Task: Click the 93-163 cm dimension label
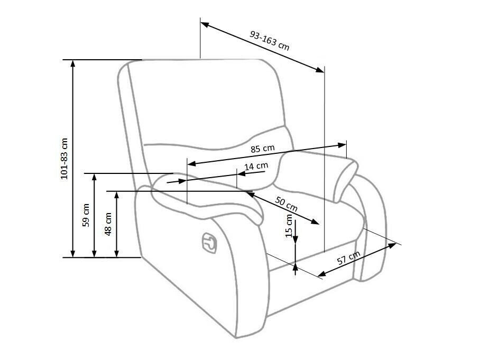tap(269, 40)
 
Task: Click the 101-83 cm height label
tap(64, 159)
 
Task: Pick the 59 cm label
tap(86, 215)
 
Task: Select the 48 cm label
tap(108, 224)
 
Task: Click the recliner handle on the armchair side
tap(209, 243)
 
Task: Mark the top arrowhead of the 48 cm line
tap(116, 195)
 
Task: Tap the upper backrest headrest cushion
tap(206, 100)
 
